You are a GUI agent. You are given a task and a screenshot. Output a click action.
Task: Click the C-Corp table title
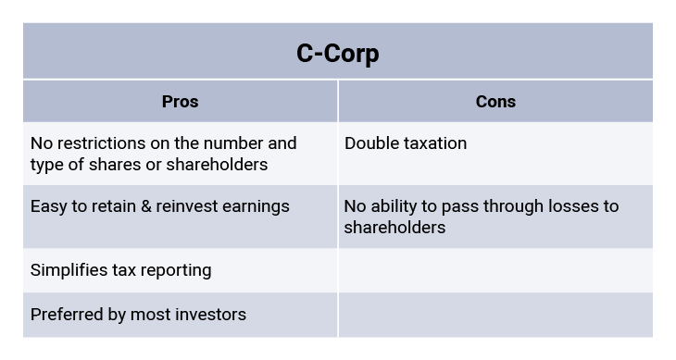click(337, 54)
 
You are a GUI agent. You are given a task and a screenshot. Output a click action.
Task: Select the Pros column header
click(180, 102)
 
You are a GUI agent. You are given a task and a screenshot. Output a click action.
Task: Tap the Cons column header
click(495, 102)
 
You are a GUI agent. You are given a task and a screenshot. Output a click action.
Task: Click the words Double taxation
click(406, 143)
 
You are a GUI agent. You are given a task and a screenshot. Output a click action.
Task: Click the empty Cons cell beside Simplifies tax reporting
click(495, 270)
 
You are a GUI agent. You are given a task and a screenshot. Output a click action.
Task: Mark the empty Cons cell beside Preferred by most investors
click(495, 315)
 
